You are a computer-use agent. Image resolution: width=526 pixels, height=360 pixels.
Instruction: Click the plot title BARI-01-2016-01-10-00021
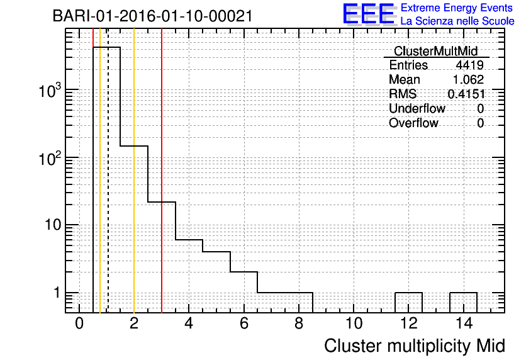click(x=153, y=16)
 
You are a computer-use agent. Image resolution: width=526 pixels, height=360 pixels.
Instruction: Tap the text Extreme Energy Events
click(x=457, y=8)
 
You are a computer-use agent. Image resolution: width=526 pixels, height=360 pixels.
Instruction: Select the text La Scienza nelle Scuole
click(x=457, y=21)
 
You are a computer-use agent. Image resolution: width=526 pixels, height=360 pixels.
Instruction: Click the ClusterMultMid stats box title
click(x=436, y=52)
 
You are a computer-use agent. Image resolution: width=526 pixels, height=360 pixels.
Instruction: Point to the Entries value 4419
click(x=469, y=65)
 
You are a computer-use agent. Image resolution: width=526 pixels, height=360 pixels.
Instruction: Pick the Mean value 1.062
click(x=468, y=79)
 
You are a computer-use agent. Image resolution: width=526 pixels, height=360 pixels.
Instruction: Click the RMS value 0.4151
click(x=466, y=94)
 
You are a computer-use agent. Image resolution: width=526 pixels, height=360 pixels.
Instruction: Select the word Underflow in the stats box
click(x=417, y=108)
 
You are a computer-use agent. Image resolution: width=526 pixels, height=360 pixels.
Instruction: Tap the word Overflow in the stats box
click(x=413, y=123)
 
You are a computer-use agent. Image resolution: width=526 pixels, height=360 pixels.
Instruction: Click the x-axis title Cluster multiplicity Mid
click(x=415, y=346)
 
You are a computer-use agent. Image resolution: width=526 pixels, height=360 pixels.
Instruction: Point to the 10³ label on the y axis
click(x=50, y=90)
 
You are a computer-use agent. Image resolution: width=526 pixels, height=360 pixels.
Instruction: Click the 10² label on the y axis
click(x=50, y=158)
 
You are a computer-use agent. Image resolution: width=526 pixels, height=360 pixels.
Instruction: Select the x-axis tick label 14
click(x=464, y=323)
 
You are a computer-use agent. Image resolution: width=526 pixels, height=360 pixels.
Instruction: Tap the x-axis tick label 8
click(x=299, y=323)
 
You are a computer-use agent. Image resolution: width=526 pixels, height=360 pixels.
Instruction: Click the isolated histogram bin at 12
click(x=408, y=293)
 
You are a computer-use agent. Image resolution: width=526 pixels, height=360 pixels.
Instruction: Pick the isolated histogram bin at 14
click(x=463, y=293)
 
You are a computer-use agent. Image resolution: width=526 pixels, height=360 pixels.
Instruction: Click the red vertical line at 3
click(x=162, y=171)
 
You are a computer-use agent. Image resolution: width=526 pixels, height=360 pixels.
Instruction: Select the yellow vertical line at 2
click(x=134, y=171)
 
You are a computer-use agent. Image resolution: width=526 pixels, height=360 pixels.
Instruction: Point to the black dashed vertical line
click(x=108, y=171)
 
